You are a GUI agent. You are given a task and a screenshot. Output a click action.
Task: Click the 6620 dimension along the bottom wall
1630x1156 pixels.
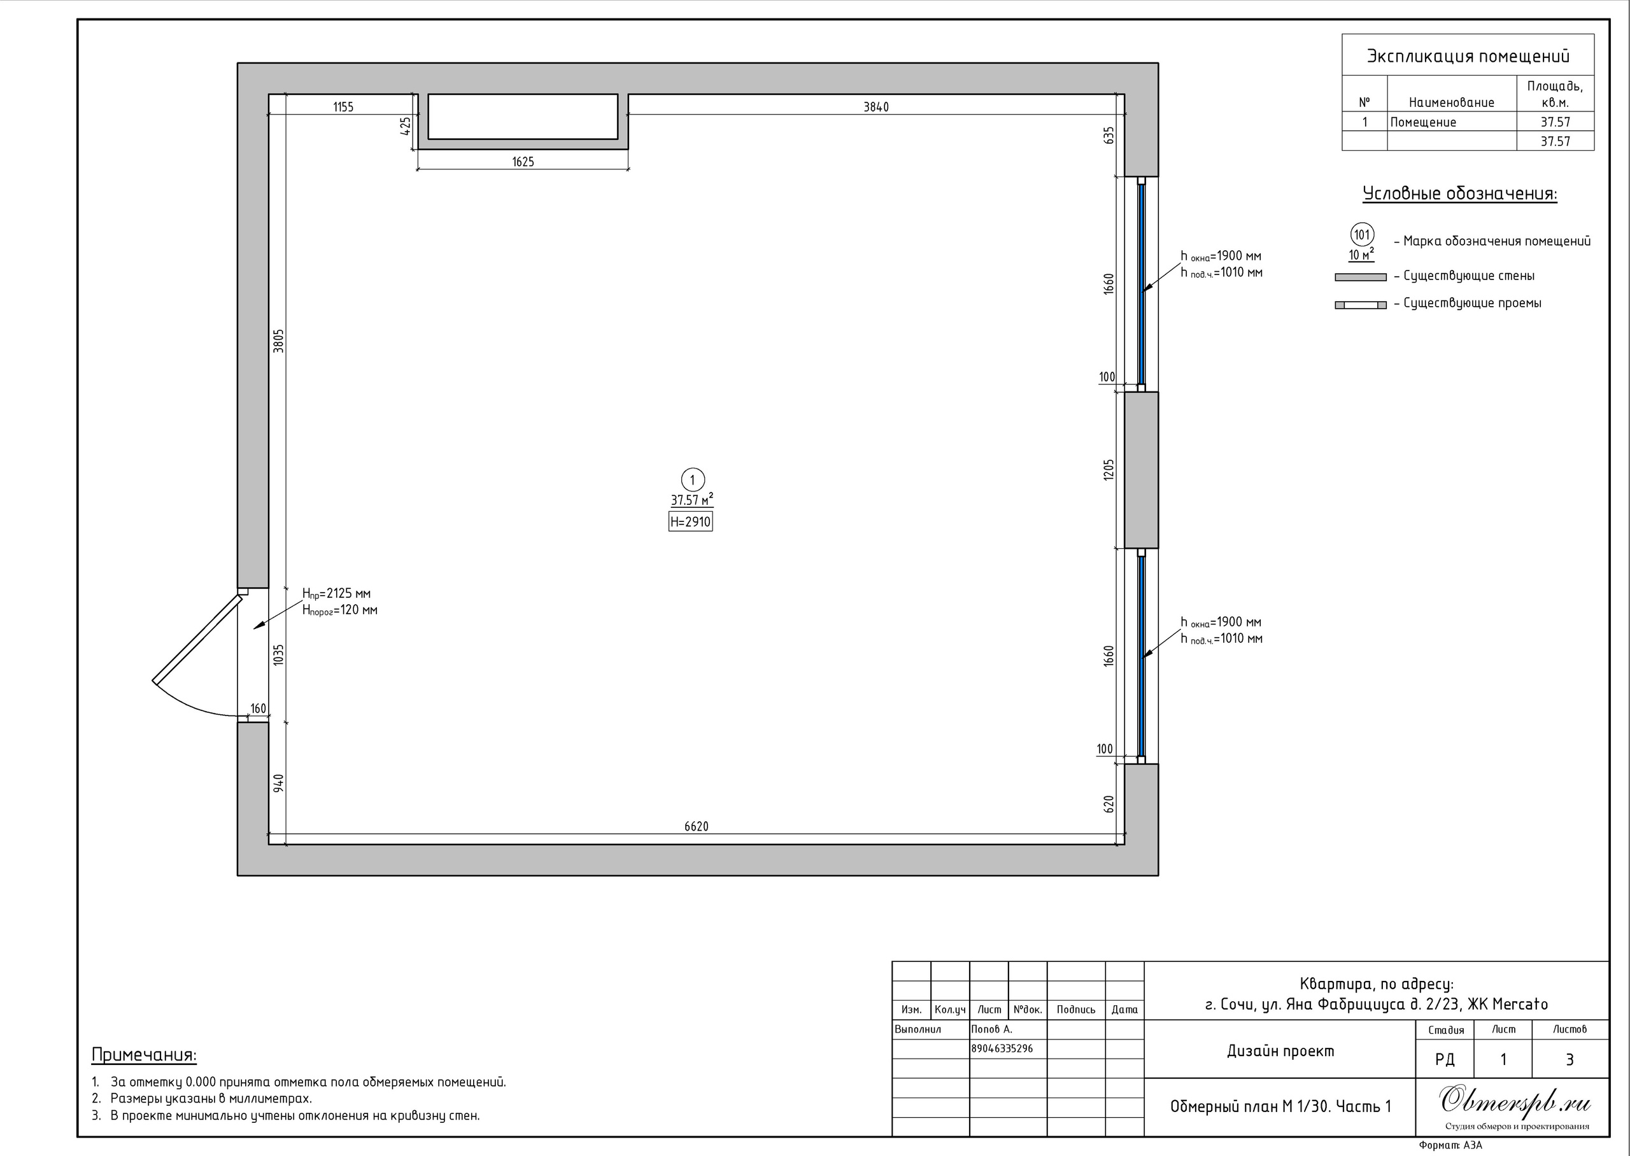pyautogui.click(x=696, y=826)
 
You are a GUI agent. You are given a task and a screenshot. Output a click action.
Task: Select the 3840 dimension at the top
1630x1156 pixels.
pyautogui.click(x=875, y=107)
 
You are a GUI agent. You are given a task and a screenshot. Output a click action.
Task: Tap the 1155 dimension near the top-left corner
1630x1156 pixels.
pyautogui.click(x=343, y=107)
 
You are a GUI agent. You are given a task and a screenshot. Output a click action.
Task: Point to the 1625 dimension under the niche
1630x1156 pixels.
pyautogui.click(x=523, y=162)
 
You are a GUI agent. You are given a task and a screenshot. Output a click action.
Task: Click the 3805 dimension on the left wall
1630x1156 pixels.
pyautogui.click(x=278, y=341)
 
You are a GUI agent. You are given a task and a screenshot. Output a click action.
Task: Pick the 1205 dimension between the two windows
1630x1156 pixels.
pyautogui.click(x=1109, y=470)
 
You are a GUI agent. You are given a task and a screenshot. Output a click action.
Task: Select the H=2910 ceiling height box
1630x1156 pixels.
pyautogui.click(x=690, y=522)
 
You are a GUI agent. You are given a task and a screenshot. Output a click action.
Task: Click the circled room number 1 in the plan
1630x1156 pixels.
pyautogui.click(x=693, y=480)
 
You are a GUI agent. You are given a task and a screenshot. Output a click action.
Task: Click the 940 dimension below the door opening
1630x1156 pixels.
pyautogui.click(x=279, y=782)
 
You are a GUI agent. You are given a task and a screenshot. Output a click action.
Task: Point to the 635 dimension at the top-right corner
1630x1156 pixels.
pyautogui.click(x=1109, y=135)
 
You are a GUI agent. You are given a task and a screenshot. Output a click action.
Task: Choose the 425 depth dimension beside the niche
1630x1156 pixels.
pyautogui.click(x=406, y=126)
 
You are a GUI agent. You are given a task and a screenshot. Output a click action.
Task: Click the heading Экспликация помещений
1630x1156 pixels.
pyautogui.click(x=1468, y=56)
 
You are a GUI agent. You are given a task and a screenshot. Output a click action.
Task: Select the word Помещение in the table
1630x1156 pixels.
pyautogui.click(x=1423, y=122)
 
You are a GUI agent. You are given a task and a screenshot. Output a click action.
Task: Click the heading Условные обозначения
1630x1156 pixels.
pyautogui.click(x=1460, y=194)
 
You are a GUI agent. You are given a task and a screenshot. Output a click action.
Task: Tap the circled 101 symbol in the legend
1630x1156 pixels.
pyautogui.click(x=1362, y=235)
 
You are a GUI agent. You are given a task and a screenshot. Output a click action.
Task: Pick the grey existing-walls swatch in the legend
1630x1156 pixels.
pyautogui.click(x=1360, y=277)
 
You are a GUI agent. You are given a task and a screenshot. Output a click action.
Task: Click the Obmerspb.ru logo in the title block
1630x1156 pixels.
pyautogui.click(x=1515, y=1101)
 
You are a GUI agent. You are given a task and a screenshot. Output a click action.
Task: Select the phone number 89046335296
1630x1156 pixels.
pyautogui.click(x=1002, y=1048)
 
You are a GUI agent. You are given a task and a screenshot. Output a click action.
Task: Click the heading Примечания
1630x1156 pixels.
pyautogui.click(x=144, y=1055)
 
